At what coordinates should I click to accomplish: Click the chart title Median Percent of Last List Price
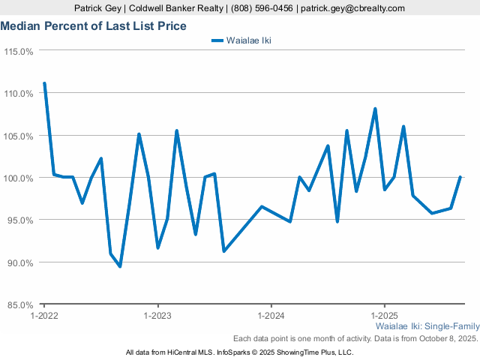[94, 26]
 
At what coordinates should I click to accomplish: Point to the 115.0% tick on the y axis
[19, 51]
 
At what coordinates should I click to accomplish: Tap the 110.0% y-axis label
[19, 94]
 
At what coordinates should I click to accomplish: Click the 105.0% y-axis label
[19, 136]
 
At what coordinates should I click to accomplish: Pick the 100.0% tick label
[19, 178]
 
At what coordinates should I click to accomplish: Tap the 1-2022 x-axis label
[43, 316]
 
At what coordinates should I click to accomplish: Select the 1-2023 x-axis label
[157, 316]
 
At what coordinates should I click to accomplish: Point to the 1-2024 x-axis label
[271, 316]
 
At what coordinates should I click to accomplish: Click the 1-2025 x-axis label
[384, 316]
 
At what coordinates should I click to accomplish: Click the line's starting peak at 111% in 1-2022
[44, 83]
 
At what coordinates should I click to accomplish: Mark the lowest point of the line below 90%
[120, 266]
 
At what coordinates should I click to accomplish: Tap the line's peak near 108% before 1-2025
[375, 109]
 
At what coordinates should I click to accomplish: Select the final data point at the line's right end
[460, 178]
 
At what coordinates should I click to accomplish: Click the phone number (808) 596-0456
[262, 8]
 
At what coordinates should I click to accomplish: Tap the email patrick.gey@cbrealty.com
[352, 8]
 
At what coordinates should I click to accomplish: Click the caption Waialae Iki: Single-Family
[426, 328]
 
